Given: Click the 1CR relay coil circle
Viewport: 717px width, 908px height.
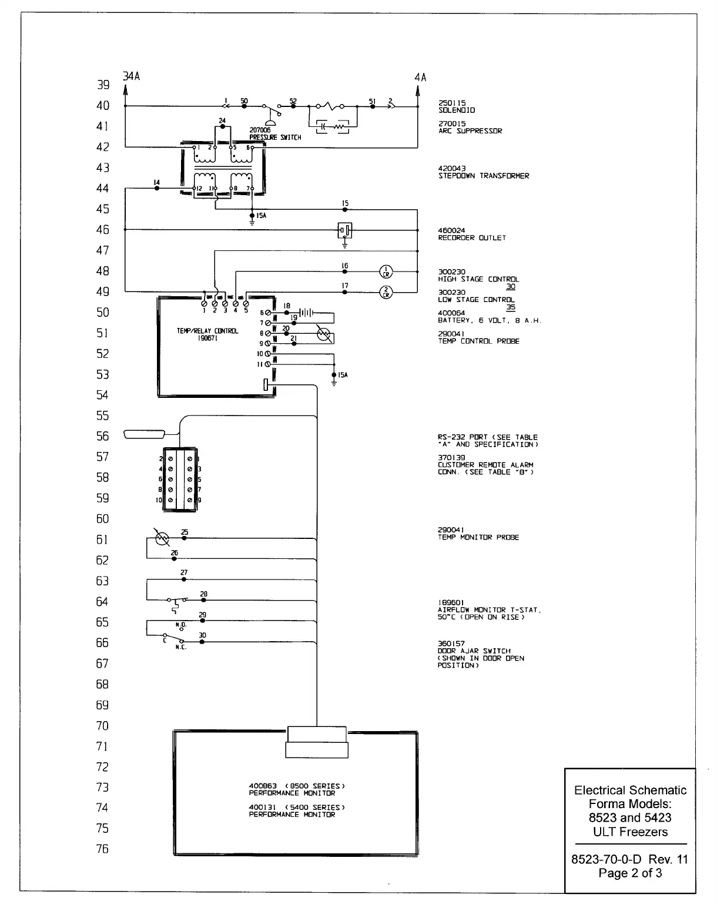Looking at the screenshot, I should pyautogui.click(x=386, y=272).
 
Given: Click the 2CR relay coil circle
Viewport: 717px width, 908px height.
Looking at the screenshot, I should pyautogui.click(x=386, y=292).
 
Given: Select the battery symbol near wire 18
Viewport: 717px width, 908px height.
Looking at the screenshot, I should pyautogui.click(x=307, y=313).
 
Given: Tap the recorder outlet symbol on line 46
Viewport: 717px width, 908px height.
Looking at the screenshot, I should pyautogui.click(x=345, y=230).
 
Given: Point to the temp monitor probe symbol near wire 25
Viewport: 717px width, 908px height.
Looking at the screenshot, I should pyautogui.click(x=161, y=538).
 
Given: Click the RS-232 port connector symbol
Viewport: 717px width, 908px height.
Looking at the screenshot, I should pyautogui.click(x=144, y=434).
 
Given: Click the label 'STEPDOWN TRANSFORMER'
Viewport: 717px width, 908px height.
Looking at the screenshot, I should pyautogui.click(x=483, y=176).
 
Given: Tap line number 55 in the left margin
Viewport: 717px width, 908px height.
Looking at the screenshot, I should pyautogui.click(x=103, y=416).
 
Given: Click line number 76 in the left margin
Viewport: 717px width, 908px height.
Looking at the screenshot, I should pyautogui.click(x=103, y=849).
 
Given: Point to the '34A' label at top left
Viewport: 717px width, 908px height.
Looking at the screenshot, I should pyautogui.click(x=130, y=76).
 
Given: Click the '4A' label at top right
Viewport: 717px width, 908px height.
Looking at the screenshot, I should pyautogui.click(x=420, y=78).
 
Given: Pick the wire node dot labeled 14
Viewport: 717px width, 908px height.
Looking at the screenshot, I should pyautogui.click(x=156, y=189).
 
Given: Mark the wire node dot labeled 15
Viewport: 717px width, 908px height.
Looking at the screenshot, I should pyautogui.click(x=345, y=209).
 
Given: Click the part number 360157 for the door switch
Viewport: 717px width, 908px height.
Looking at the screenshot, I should pyautogui.click(x=451, y=644).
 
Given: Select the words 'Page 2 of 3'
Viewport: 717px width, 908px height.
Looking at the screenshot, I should pyautogui.click(x=630, y=873).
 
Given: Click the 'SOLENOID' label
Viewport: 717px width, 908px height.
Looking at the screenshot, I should pyautogui.click(x=457, y=110).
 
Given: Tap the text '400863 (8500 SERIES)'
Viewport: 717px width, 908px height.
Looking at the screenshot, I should pyautogui.click(x=296, y=786).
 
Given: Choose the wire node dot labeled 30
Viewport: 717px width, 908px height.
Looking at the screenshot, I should pyautogui.click(x=202, y=642).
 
